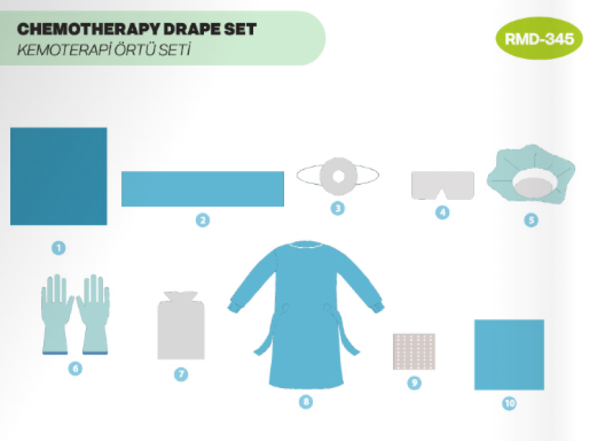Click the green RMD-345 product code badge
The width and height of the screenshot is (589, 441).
pyautogui.click(x=539, y=38)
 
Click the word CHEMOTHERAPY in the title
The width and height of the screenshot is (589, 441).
pyautogui.click(x=88, y=29)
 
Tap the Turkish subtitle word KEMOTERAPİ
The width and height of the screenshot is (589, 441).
pyautogui.click(x=64, y=49)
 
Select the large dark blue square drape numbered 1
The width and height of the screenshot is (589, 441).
pyautogui.click(x=59, y=176)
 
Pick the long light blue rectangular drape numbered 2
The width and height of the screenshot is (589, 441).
pyautogui.click(x=202, y=189)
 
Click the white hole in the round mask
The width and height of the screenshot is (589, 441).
pyautogui.click(x=338, y=176)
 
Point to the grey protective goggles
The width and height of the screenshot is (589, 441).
pyautogui.click(x=442, y=185)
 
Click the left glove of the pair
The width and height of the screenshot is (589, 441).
pyautogui.click(x=57, y=314)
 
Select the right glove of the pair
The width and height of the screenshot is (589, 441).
pyautogui.click(x=94, y=314)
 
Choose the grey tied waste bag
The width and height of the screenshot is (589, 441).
pyautogui.click(x=181, y=325)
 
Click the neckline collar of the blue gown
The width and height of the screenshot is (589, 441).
pyautogui.click(x=306, y=246)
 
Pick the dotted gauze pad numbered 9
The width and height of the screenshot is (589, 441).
pyautogui.click(x=414, y=352)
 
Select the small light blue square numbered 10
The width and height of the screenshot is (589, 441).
pyautogui.click(x=509, y=355)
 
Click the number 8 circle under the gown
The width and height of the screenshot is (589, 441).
pyautogui.click(x=306, y=401)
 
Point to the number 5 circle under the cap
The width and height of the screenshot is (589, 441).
pyautogui.click(x=531, y=220)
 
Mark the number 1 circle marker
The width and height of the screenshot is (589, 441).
pyautogui.click(x=59, y=248)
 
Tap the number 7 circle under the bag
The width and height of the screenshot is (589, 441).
pyautogui.click(x=181, y=374)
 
